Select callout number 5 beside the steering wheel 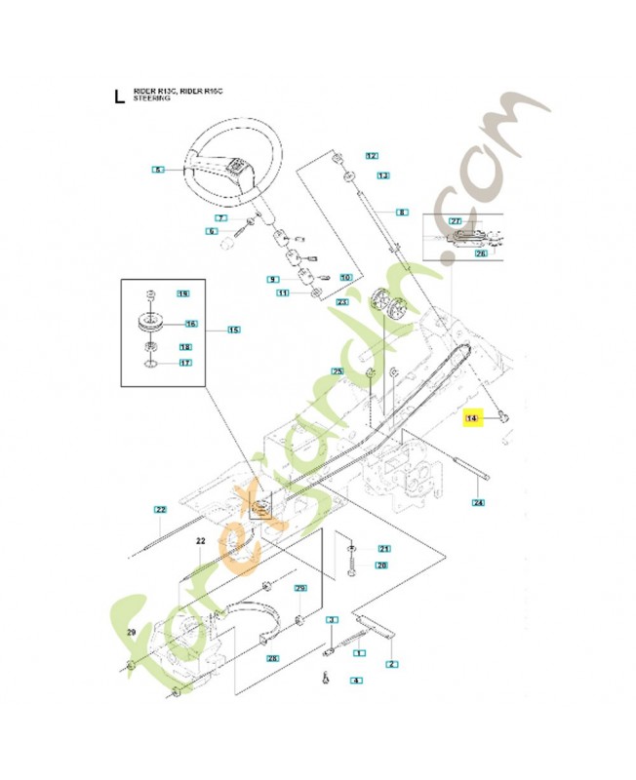tap(158, 171)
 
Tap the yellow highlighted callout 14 tap(473, 417)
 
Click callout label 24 tap(478, 503)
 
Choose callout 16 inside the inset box tap(190, 324)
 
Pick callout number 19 tap(181, 293)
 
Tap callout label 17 tap(184, 363)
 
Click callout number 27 tap(456, 221)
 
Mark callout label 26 tap(481, 253)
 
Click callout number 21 tap(383, 548)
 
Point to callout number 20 tap(381, 565)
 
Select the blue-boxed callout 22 tap(161, 509)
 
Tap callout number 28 tap(273, 659)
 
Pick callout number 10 tap(345, 277)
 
